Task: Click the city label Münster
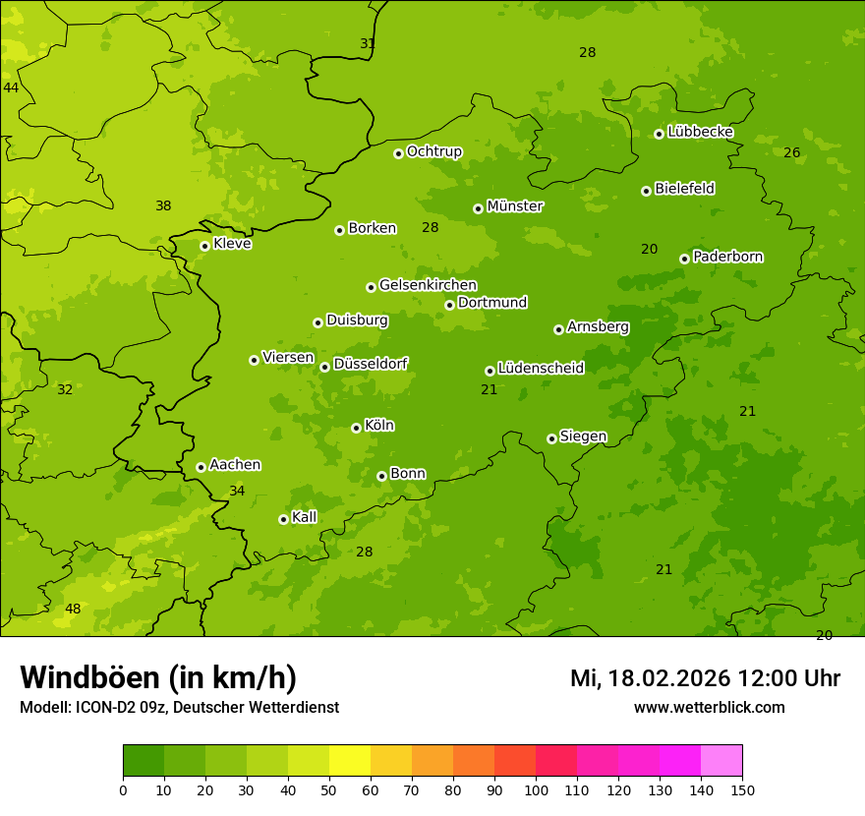[515, 206]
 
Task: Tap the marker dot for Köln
[356, 428]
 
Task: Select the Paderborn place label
[727, 257]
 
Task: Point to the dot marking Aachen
[201, 467]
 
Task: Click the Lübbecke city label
[700, 132]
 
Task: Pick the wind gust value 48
[73, 609]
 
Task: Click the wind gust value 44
[11, 87]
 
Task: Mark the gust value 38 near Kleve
[163, 205]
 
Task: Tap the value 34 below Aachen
[237, 491]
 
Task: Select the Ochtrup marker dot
[398, 153]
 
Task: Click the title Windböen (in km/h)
[158, 677]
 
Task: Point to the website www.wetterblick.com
[709, 707]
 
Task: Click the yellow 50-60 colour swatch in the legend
[350, 761]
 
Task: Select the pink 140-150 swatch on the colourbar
[721, 761]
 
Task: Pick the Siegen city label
[583, 437]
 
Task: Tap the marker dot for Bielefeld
[646, 191]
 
